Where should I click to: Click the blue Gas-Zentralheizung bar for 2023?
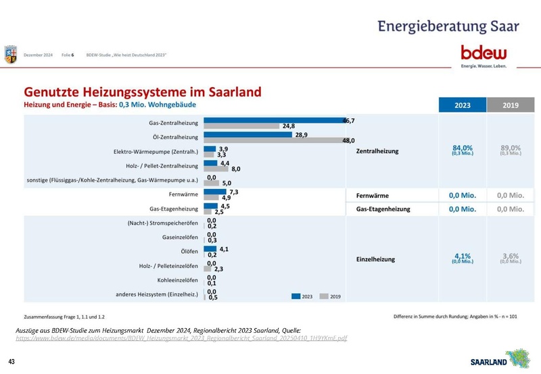274,120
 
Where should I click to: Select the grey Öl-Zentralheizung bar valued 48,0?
273,140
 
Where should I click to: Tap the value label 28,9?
302,135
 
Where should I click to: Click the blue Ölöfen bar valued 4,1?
210,249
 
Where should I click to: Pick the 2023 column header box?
462,105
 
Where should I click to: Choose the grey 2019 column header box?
511,105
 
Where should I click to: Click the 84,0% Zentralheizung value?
462,149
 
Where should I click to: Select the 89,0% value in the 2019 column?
511,149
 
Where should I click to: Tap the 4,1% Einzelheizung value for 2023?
462,257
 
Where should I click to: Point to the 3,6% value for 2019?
511,257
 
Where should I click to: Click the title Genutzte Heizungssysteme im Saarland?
143,91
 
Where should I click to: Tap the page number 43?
12,360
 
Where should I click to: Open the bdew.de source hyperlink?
181,338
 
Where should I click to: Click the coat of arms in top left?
11,54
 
